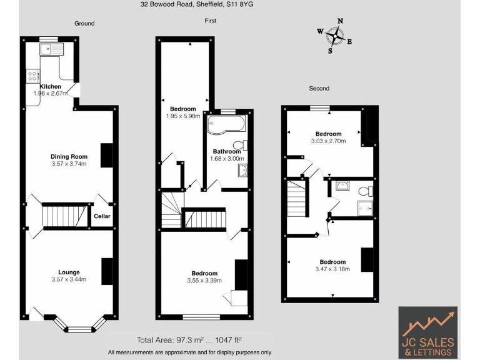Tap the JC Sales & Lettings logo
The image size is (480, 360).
tap(427, 332)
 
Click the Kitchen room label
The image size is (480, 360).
tap(51, 86)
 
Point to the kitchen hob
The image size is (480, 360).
tap(32, 76)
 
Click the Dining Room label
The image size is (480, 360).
tap(69, 157)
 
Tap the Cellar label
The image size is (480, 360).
tap(102, 216)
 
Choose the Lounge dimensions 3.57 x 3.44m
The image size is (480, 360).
tap(69, 279)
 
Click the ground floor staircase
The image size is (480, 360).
tap(63, 216)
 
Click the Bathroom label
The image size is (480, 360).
tap(226, 151)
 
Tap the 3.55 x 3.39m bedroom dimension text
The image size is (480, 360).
tap(204, 281)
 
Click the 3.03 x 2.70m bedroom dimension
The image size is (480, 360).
tap(328, 142)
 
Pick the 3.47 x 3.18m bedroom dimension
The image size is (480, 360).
tap(332, 269)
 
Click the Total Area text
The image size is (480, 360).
tap(189, 340)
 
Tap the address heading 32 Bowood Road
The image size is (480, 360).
tap(197, 4)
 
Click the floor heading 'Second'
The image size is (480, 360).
tap(319, 89)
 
